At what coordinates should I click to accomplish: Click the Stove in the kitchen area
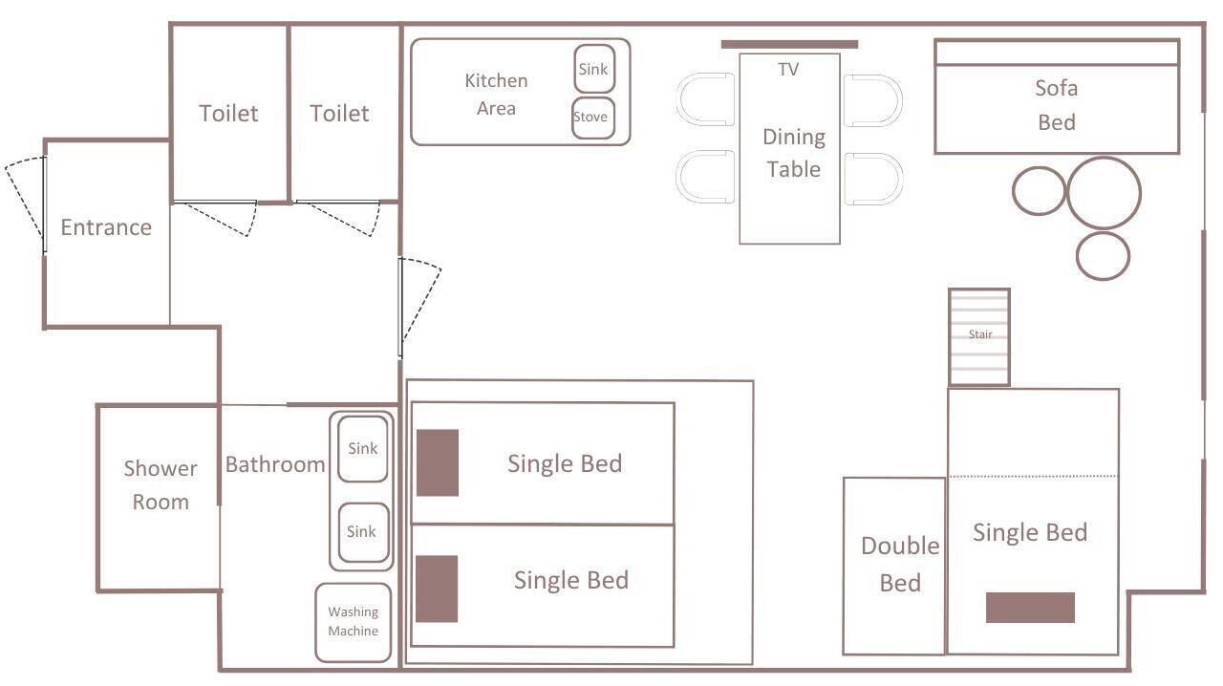pos(593,118)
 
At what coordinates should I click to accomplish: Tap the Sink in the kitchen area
pos(594,69)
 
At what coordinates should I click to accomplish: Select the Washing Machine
pos(354,622)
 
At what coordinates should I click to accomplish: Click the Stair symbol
pos(979,336)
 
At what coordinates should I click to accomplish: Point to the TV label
pos(788,70)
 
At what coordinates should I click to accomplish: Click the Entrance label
pos(106,227)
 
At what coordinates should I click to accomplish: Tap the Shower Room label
pos(161,485)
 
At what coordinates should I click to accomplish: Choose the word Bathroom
pos(275,464)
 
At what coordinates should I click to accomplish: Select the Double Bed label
pos(900,565)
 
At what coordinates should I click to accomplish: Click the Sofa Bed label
pos(1057,105)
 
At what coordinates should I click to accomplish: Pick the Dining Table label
pos(794,153)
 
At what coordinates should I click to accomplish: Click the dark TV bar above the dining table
pos(789,44)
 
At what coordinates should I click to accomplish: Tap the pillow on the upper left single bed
pos(438,462)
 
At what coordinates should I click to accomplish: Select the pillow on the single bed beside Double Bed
pos(1030,608)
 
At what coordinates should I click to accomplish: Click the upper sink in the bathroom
pos(362,448)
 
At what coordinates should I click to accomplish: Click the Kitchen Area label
pos(496,95)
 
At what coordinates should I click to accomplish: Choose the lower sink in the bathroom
pos(361,532)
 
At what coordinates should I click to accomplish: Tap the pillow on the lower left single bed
pos(437,589)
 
